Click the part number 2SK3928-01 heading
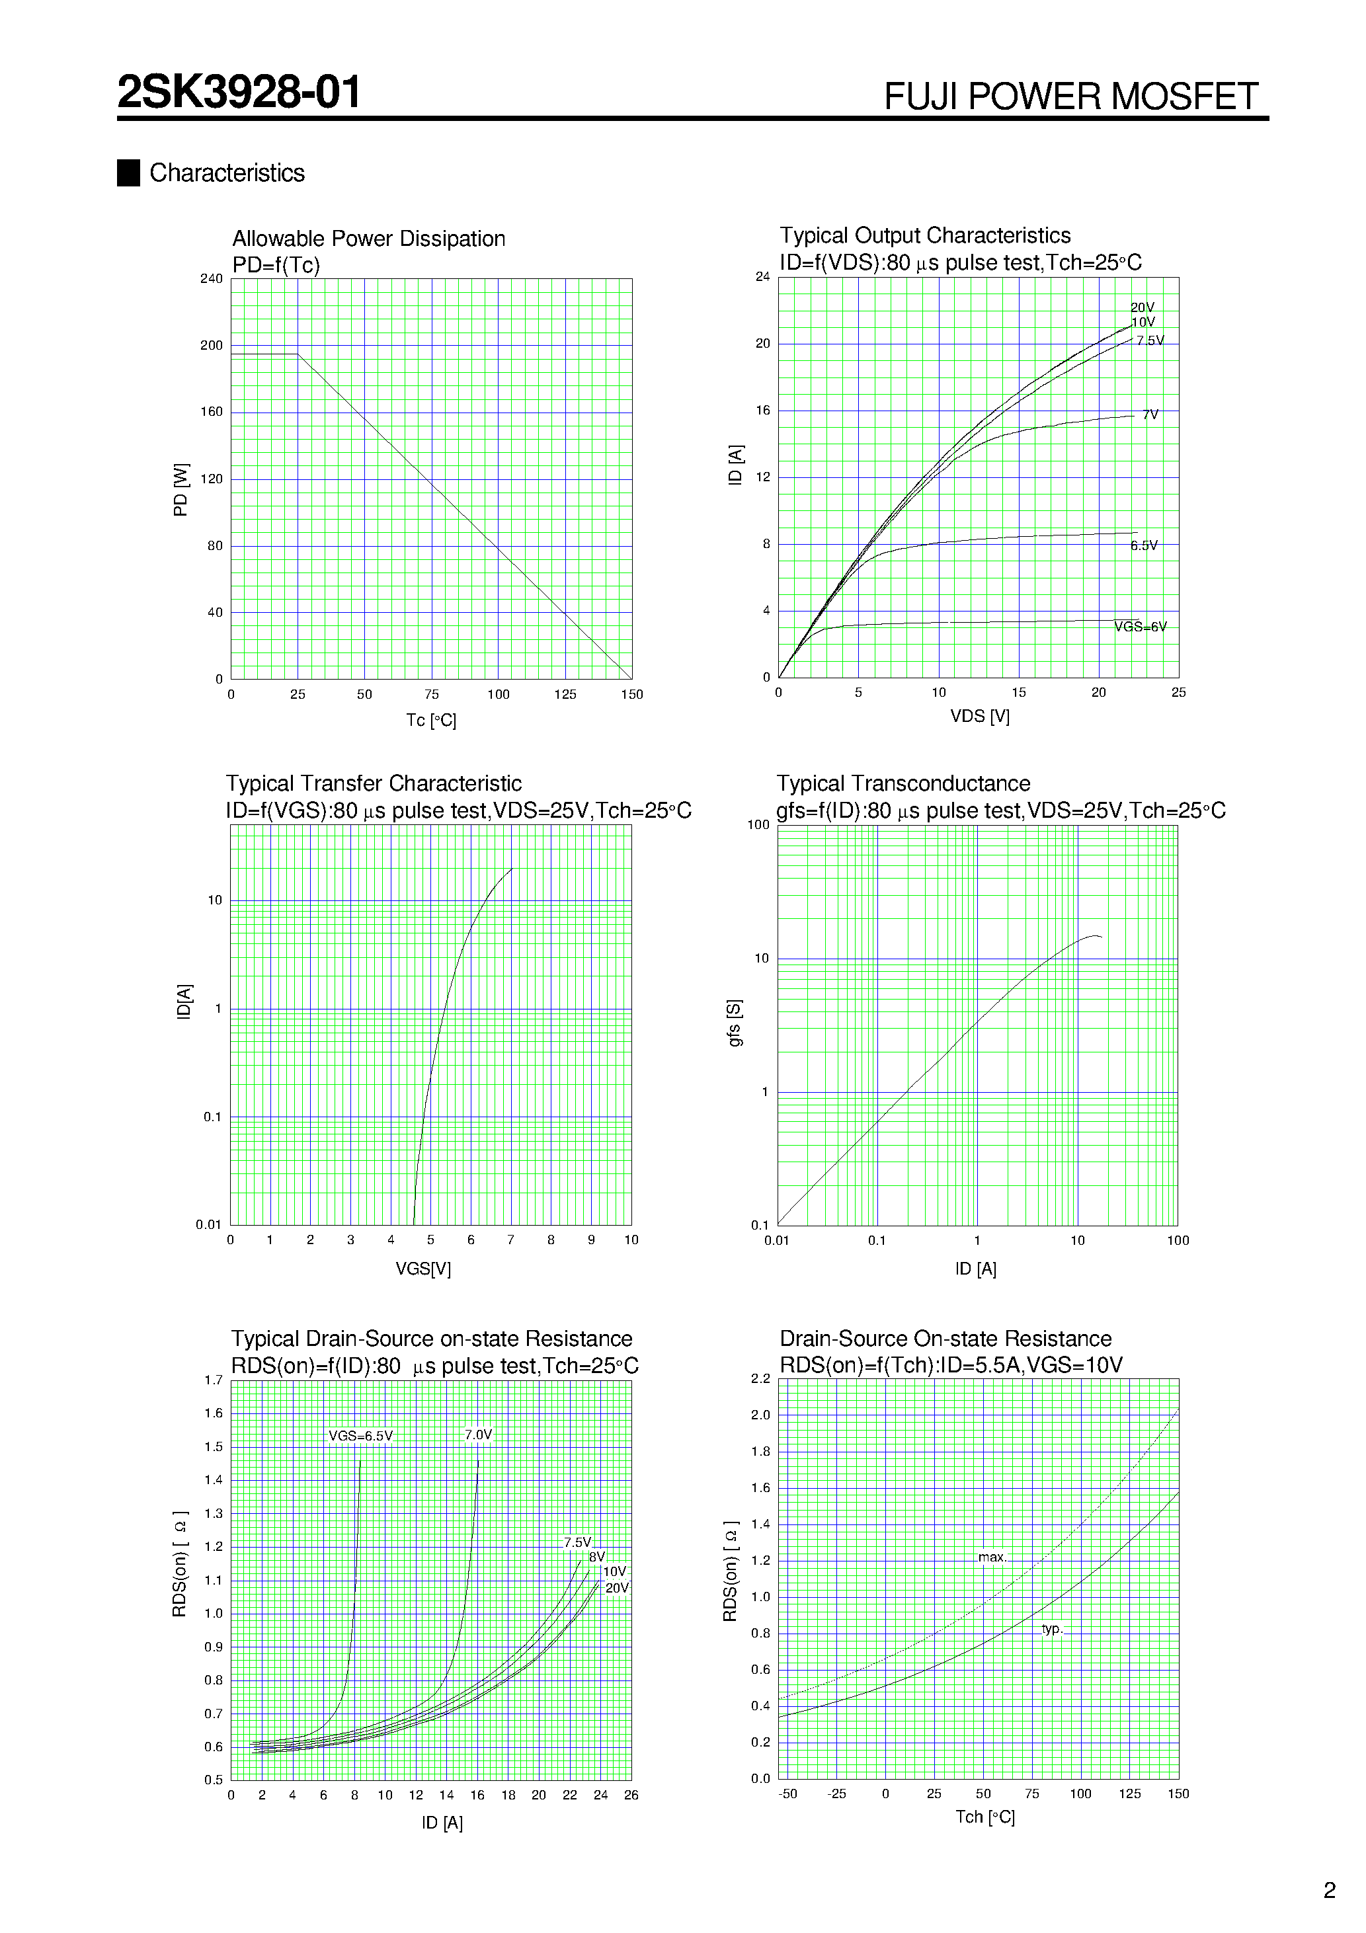(x=239, y=92)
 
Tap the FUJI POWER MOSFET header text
(x=1070, y=97)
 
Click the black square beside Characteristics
(x=128, y=173)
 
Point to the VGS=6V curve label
(x=1141, y=627)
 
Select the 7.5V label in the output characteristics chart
(x=1150, y=341)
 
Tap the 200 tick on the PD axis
(x=212, y=345)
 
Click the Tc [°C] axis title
(x=431, y=721)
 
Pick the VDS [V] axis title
(x=979, y=717)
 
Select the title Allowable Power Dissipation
(x=368, y=239)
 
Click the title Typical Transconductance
(x=903, y=784)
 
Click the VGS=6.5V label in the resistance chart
(x=360, y=1437)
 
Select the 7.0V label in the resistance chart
(x=478, y=1435)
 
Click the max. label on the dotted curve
(x=992, y=1558)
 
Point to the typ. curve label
(x=1052, y=1629)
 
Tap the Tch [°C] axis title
(x=984, y=1818)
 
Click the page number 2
(x=1330, y=1891)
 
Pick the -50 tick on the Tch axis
(x=787, y=1794)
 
